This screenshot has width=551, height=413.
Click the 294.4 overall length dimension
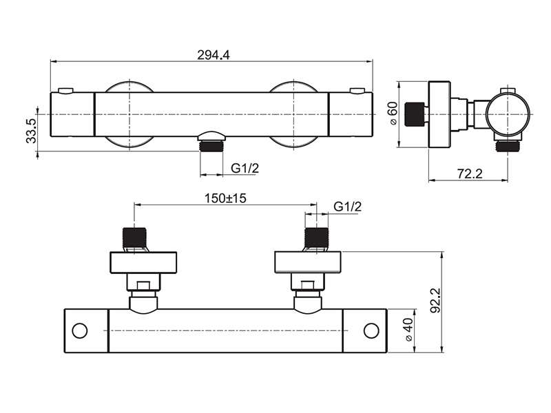tap(214, 55)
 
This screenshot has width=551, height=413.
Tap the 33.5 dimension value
tap(31, 131)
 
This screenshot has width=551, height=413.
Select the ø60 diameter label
tap(393, 113)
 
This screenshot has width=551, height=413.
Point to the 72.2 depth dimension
tap(470, 173)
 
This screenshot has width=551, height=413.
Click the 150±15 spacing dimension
tap(225, 198)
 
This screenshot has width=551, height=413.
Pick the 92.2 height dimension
tap(436, 301)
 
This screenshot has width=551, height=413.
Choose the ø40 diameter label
tap(408, 330)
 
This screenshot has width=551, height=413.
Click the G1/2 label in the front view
tap(245, 169)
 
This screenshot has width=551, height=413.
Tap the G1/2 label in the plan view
tap(348, 206)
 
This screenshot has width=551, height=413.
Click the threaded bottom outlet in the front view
tap(211, 145)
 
